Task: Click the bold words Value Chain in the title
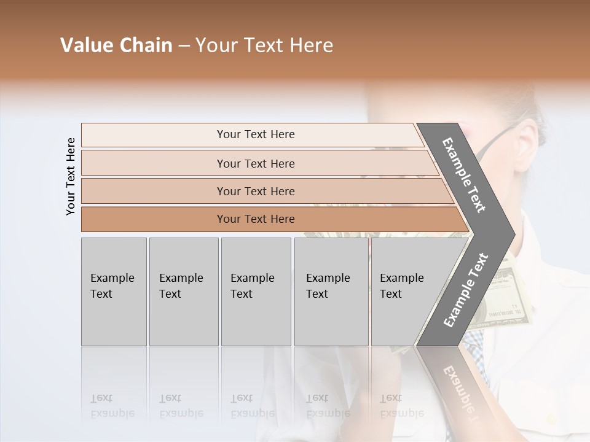tap(116, 45)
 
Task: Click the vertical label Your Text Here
tap(71, 176)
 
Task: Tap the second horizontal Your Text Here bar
tap(255, 163)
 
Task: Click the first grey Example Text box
tap(114, 292)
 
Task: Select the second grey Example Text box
tap(184, 292)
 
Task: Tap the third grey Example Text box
tap(256, 292)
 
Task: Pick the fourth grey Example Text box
tap(331, 292)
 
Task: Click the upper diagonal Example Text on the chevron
tap(464, 175)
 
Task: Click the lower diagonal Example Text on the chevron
tap(465, 290)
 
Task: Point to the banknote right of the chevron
tap(501, 289)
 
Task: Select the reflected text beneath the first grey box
tap(112, 406)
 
